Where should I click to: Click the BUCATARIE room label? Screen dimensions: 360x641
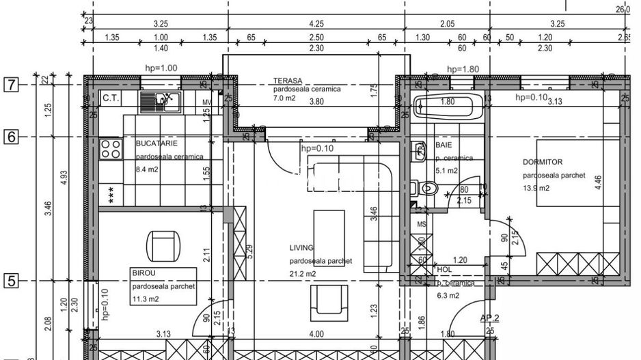[x=157, y=144]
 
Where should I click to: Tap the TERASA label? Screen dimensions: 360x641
[x=289, y=81]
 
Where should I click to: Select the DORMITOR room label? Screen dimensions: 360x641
[x=542, y=163]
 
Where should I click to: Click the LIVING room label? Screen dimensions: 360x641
[x=301, y=248]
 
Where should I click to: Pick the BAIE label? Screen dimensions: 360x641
[x=444, y=146]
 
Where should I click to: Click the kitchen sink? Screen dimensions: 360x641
[x=159, y=102]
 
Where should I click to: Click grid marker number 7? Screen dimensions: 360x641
[x=11, y=85]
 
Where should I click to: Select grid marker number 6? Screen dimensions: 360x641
[x=11, y=137]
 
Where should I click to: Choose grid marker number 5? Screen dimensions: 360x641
[x=11, y=280]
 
